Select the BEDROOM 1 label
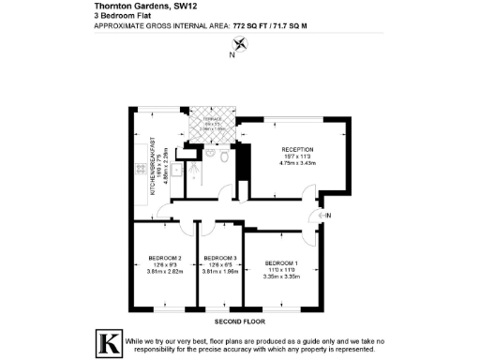tap(281, 262)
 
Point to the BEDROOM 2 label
tap(165, 257)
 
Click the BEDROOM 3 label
tap(219, 257)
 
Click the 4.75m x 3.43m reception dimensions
tap(298, 164)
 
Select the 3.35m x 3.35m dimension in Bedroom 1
tap(281, 277)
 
